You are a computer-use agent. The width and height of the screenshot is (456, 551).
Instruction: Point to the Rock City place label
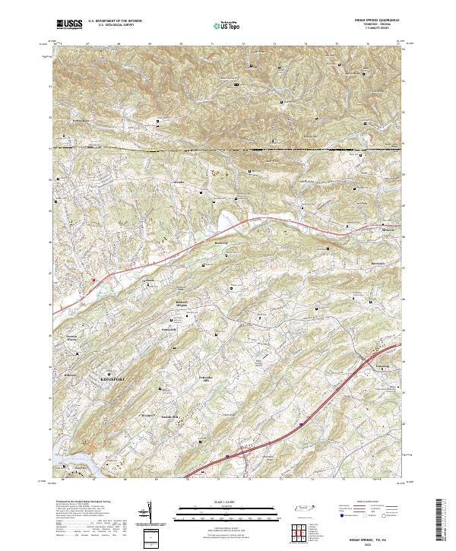tap(221, 242)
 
